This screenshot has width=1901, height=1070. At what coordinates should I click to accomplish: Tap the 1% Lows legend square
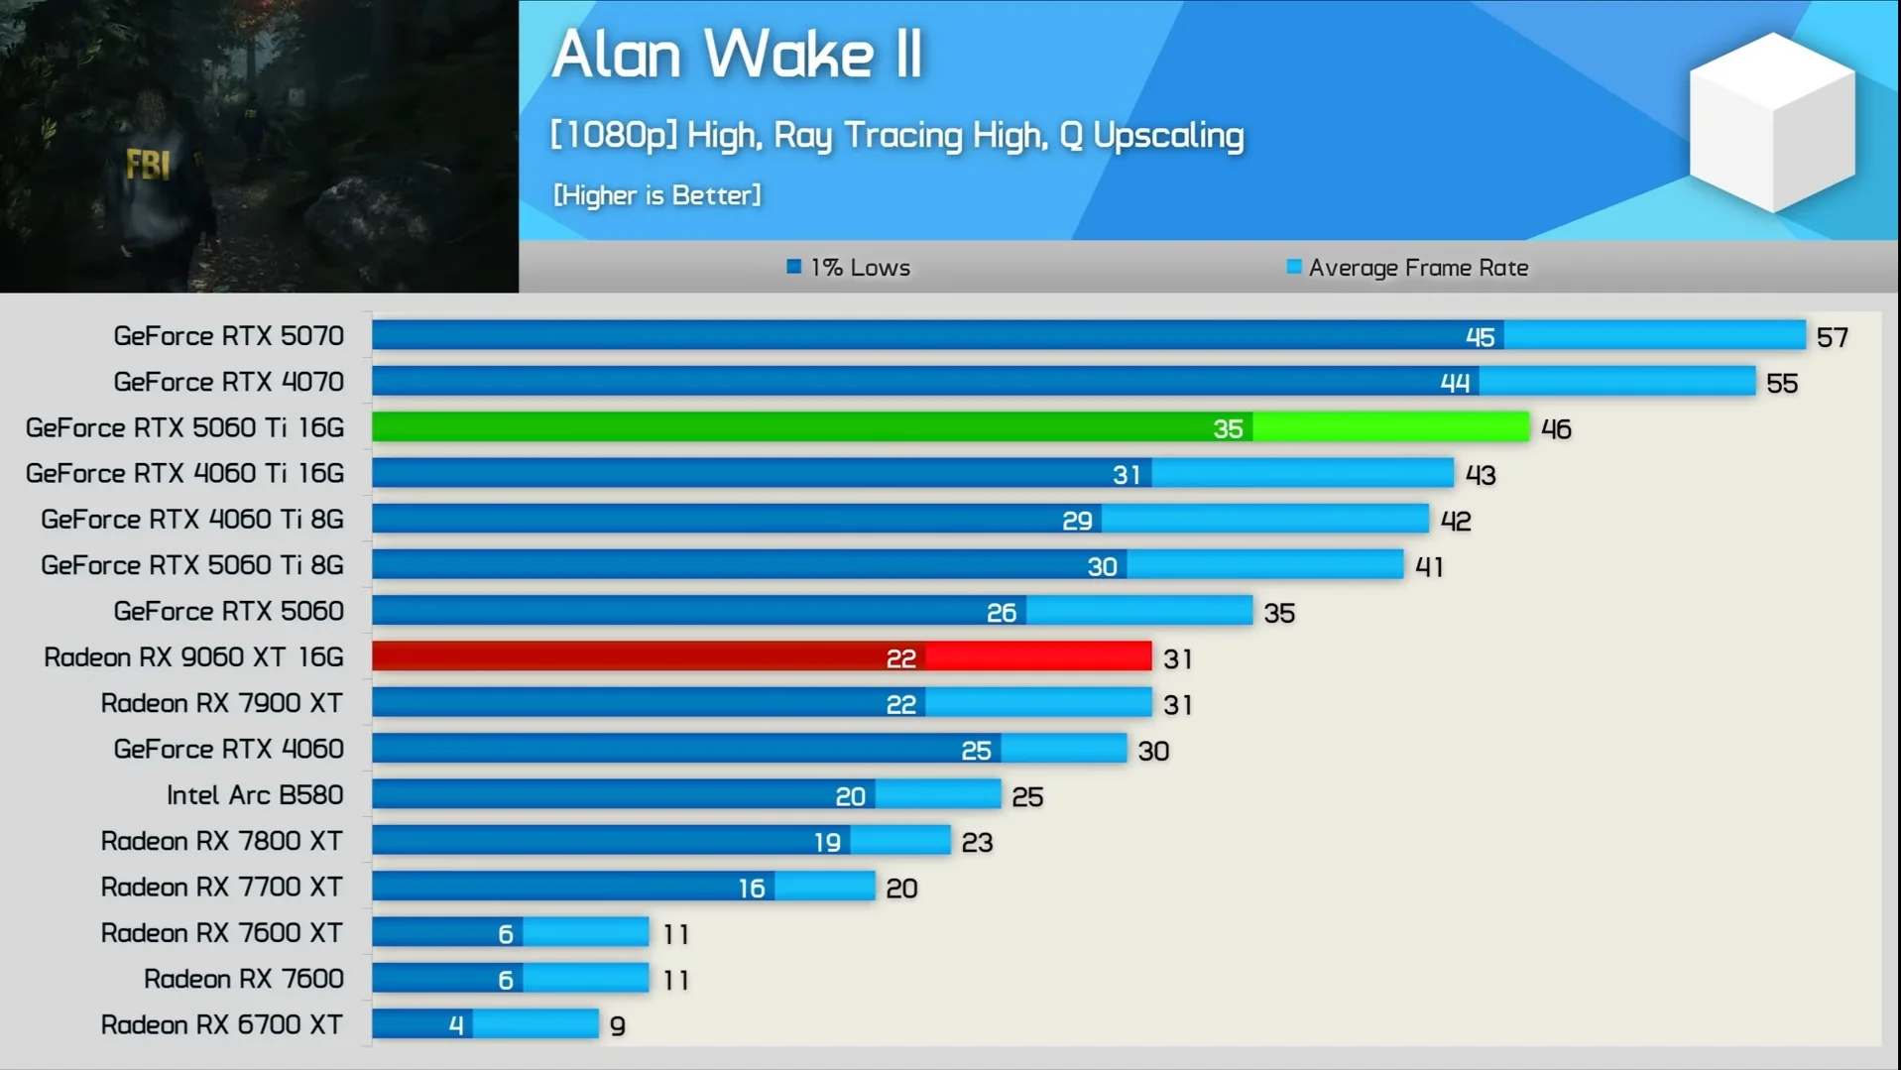pos(793,267)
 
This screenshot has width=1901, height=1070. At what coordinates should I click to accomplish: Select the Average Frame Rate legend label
pos(1417,268)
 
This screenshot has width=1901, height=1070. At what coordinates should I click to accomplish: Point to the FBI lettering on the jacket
pos(148,164)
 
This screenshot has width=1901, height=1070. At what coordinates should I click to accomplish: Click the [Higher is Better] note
pos(656,195)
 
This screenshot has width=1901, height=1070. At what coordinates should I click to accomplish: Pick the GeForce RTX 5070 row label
pos(228,336)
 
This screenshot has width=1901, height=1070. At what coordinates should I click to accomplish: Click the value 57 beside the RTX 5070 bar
pos(1832,337)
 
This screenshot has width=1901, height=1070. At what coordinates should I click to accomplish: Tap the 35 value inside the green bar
pos(1228,428)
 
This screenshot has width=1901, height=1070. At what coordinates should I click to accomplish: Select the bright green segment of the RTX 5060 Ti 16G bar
pos(1390,427)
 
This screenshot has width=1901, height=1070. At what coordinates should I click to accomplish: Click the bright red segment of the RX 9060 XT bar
pos(1038,656)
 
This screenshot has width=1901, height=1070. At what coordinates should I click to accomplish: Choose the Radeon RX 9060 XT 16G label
pos(193,657)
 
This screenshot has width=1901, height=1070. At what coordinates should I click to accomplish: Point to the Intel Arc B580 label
pos(254,795)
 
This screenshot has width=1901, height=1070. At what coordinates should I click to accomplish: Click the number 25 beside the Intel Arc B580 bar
pos(1027,797)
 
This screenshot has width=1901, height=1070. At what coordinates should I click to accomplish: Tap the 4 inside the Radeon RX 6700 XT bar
pos(455,1025)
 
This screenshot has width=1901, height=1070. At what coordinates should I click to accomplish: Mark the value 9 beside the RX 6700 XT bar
pos(617,1026)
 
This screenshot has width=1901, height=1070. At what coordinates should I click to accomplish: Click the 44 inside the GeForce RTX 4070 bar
pos(1455,383)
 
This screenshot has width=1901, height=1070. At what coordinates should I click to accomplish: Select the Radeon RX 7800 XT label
pos(221,841)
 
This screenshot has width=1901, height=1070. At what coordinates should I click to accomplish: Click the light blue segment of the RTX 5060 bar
pos(1138,611)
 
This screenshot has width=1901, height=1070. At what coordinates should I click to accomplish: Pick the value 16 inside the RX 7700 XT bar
pos(752,889)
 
